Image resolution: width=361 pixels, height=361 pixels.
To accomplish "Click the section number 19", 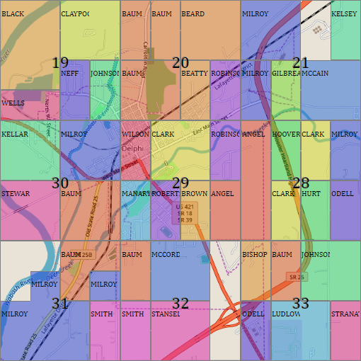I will (60, 63).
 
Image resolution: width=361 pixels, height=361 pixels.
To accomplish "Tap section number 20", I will (180, 63).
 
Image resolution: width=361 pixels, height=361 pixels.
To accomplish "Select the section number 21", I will (301, 63).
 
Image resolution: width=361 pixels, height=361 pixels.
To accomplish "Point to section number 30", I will (60, 183).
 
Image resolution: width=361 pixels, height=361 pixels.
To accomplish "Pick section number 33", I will (301, 304).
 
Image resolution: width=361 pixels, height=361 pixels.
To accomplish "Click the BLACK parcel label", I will (13, 14).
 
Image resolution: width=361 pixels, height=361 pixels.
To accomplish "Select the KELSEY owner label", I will (345, 14).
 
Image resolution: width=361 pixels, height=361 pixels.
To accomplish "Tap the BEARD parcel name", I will (193, 14).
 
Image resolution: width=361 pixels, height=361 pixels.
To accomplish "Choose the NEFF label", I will (70, 74).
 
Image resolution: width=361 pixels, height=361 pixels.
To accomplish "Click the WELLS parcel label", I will (13, 103).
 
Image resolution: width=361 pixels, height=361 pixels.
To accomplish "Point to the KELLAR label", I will (15, 134).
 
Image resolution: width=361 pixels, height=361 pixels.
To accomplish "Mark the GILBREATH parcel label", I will (286, 74).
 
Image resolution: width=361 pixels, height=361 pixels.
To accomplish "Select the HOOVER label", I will (286, 134).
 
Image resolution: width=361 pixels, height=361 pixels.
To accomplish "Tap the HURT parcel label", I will (311, 194).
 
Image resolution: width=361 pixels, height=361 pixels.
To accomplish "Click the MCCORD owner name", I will (166, 254).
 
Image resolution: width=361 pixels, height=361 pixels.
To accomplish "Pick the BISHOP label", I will (254, 254).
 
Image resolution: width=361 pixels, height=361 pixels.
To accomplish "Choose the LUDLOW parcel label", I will (287, 314).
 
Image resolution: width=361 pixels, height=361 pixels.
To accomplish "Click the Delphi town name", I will (132, 149).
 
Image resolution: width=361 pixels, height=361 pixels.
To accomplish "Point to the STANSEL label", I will (166, 314).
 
